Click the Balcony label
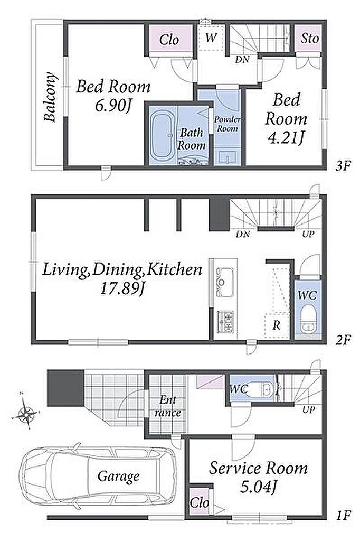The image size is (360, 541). click(50, 97)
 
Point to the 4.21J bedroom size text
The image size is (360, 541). click(286, 138)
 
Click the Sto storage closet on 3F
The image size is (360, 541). click(309, 38)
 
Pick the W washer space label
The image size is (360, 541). click(211, 38)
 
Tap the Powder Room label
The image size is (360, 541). click(227, 124)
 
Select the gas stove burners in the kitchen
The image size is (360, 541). click(225, 321)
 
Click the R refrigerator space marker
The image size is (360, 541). click(276, 325)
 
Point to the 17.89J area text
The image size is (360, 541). click(121, 288)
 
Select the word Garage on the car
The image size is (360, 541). click(118, 477)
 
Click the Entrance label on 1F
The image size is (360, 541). click(168, 406)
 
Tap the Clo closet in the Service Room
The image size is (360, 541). click(200, 502)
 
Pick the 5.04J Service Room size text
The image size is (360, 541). click(258, 487)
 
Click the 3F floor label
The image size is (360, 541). click(343, 166)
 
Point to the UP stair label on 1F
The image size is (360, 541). click(309, 410)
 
